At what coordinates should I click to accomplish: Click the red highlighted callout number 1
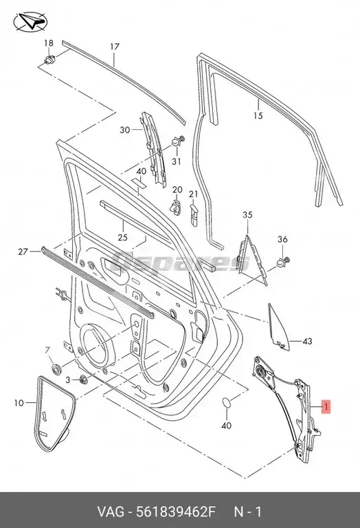click(326, 407)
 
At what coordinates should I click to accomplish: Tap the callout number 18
click(49, 43)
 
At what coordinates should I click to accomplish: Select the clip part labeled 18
click(49, 60)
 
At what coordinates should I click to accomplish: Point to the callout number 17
click(115, 47)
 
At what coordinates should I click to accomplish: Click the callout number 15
click(258, 115)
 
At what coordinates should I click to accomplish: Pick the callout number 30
click(125, 130)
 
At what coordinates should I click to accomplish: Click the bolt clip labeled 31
click(178, 141)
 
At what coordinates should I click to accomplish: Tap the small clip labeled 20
click(176, 206)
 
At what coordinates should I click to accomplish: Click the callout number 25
click(122, 237)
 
